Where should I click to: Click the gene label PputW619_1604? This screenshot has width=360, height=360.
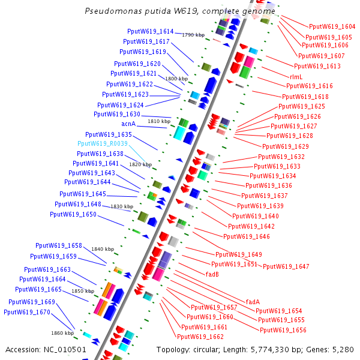[332, 26]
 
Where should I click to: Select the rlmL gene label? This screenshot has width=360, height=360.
[296, 76]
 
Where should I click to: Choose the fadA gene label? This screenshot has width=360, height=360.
[253, 302]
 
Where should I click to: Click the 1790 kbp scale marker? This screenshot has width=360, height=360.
[193, 35]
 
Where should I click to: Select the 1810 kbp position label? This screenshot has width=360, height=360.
[159, 121]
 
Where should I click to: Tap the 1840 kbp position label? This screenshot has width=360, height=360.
[102, 249]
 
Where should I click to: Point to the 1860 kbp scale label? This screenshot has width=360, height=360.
[62, 332]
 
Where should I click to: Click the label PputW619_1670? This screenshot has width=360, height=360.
[27, 312]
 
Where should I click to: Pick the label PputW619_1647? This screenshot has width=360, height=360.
[286, 266]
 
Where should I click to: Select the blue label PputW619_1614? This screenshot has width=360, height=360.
[151, 31]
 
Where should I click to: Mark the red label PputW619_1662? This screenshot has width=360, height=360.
[200, 337]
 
